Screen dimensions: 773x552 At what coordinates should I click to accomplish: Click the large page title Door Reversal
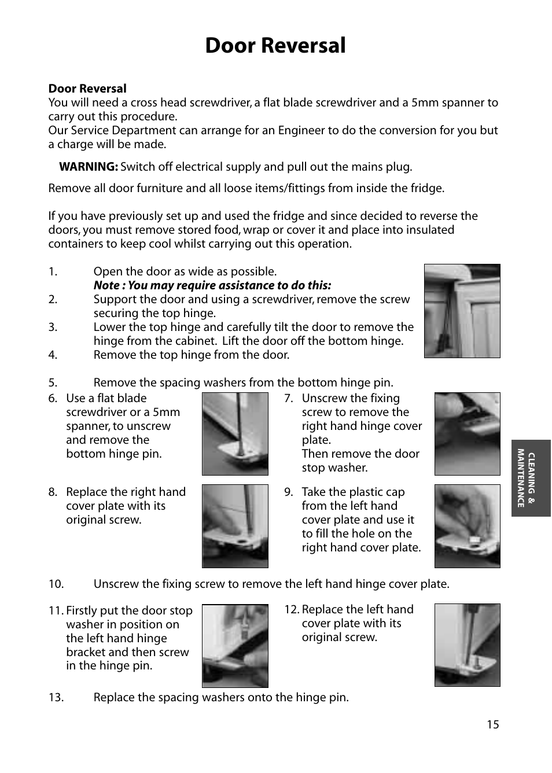click(275, 46)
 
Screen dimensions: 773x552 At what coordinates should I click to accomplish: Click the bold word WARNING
click(88, 167)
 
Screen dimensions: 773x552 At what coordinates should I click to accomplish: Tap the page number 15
click(492, 725)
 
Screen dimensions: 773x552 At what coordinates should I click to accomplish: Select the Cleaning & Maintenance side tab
click(531, 478)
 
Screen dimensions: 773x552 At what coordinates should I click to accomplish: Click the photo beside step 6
click(235, 434)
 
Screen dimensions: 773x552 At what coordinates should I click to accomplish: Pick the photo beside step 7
click(467, 434)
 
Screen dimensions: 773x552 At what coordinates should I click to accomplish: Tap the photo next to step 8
click(235, 526)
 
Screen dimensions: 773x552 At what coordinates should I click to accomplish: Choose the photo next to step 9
click(467, 526)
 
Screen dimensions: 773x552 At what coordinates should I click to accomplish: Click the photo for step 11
click(235, 646)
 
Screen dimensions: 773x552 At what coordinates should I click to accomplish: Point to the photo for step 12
click(467, 645)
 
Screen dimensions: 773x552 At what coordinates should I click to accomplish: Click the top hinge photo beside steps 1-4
click(462, 311)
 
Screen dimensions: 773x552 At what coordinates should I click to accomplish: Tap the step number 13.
click(56, 698)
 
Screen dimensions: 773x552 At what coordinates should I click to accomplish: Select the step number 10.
click(56, 584)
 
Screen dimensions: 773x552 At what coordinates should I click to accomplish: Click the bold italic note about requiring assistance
click(212, 285)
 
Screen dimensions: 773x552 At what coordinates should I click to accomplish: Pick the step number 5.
click(53, 382)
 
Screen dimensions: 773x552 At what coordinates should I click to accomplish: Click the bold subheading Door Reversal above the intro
click(87, 89)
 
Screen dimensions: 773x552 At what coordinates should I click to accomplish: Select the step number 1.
click(53, 271)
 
